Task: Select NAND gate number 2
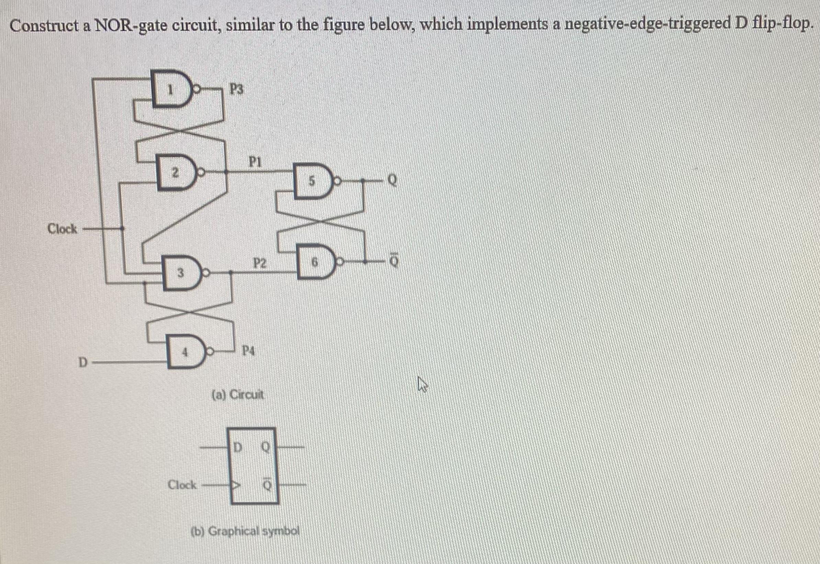(175, 172)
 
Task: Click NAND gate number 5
(313, 182)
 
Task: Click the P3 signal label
(236, 89)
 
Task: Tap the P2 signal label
(260, 263)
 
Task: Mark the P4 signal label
(248, 351)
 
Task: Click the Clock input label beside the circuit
(62, 229)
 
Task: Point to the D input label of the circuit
(82, 362)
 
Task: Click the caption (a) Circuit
(237, 394)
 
